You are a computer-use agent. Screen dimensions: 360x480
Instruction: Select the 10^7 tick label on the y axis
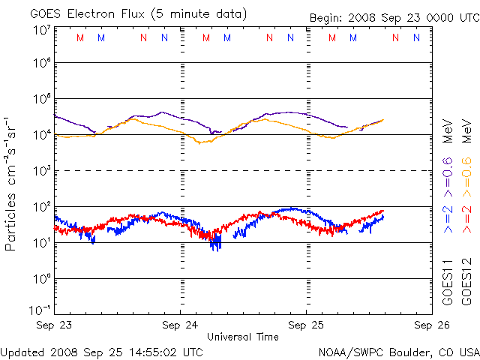41,30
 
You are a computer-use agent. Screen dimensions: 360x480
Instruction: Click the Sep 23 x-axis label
55,325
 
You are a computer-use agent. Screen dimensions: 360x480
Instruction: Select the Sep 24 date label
181,325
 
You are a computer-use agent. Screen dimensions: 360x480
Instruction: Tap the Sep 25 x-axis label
306,325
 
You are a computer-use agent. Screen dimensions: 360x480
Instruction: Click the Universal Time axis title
243,337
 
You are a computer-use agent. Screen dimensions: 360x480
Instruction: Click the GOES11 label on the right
448,281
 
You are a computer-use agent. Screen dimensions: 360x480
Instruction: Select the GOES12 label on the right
466,281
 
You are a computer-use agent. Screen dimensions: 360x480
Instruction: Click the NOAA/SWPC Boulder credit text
398,351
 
